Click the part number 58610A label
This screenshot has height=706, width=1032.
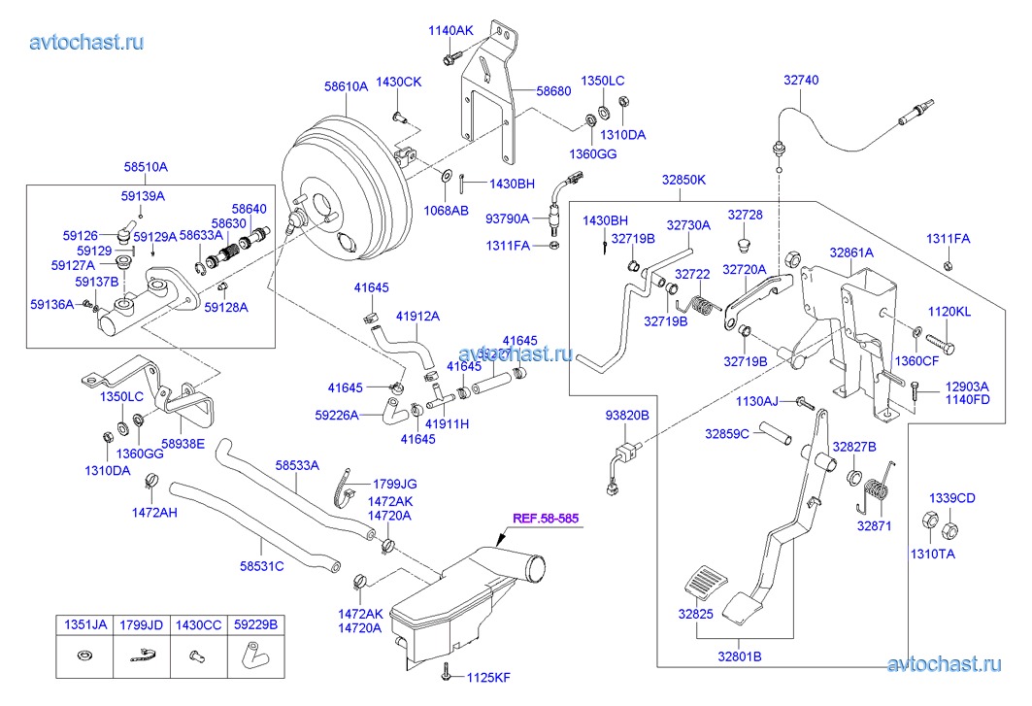347,86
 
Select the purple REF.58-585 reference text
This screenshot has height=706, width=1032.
546,519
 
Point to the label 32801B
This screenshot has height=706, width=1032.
739,656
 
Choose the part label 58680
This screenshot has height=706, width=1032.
553,91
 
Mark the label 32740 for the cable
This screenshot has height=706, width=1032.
802,81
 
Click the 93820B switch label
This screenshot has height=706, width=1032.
627,415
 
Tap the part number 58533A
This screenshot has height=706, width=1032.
296,465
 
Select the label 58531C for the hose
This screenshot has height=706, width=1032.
262,566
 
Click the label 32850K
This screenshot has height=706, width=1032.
684,180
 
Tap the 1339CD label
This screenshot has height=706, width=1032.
952,498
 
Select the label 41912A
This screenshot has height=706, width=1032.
417,316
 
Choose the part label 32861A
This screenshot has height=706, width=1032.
851,252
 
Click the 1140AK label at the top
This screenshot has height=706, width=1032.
450,30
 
